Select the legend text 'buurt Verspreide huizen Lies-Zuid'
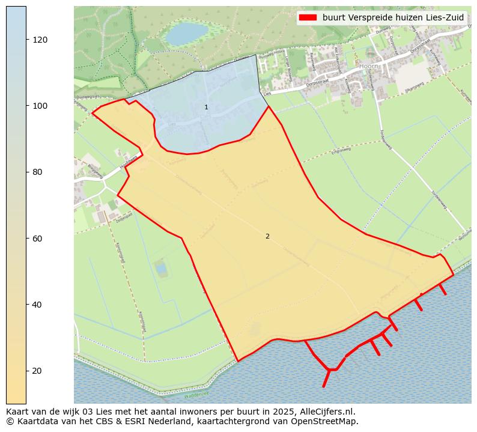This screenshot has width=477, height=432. pos(393,17)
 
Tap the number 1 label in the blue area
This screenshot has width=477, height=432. pos(206,108)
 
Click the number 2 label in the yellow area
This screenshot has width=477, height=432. pos(267,236)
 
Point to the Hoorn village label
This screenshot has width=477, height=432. pos(366,66)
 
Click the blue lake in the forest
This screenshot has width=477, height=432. pos(186,34)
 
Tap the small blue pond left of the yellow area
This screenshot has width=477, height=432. pos(161,268)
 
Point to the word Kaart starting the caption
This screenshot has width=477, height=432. pos(19,412)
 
